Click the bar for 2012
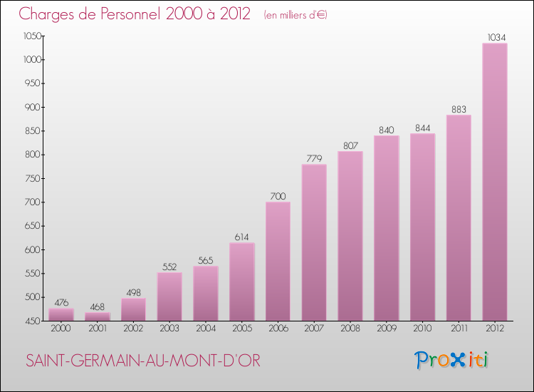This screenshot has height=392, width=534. pos(495,182)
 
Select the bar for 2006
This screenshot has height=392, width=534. pos(278,261)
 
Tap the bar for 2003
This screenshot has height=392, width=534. pos(169,296)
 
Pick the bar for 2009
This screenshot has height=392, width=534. pos(386,228)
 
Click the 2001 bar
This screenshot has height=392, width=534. pos(98,316)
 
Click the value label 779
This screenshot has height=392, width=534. pos(314,158)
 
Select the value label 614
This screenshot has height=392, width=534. pos(241,237)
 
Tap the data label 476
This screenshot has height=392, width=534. pos(61,302)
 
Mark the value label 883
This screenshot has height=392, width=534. pos(459,109)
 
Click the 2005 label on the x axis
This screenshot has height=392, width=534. pos(241,329)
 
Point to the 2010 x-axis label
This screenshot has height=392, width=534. pos(422,329)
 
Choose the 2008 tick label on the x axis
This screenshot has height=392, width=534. pos(350,329)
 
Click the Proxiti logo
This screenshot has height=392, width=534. pos(451,360)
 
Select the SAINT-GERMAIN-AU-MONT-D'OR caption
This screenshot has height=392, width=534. pos(142,361)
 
